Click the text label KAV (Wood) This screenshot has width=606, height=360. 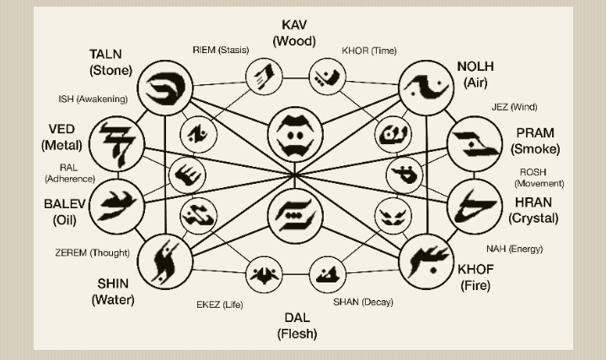[x=294, y=33]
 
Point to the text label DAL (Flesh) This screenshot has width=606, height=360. [x=297, y=325]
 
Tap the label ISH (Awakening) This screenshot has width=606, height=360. [x=93, y=99]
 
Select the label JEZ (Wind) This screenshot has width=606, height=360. [x=514, y=107]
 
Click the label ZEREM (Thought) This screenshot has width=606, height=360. [x=92, y=253]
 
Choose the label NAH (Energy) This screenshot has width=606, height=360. [x=514, y=249]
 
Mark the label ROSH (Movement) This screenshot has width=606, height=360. [x=539, y=178]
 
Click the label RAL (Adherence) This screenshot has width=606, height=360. [x=70, y=173]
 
